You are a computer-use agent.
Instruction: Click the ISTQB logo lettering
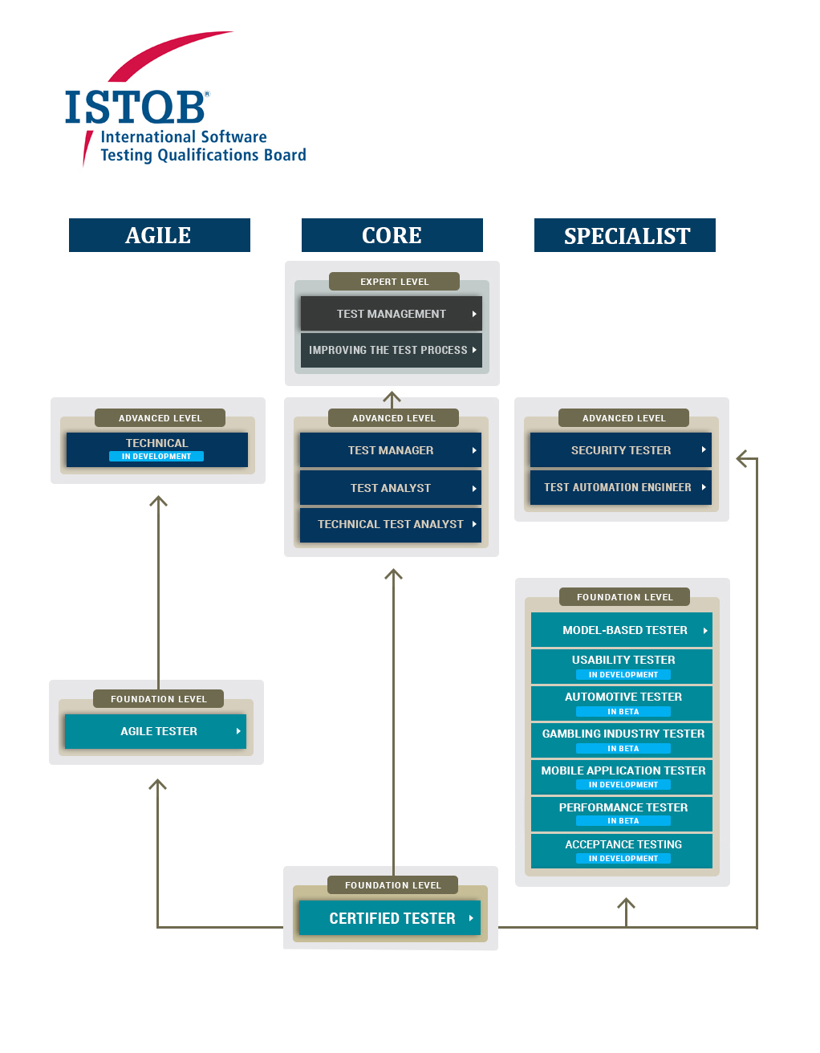tap(135, 107)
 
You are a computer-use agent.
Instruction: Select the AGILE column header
tap(159, 235)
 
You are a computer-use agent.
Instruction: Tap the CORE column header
tap(392, 235)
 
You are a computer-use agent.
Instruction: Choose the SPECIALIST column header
tap(625, 235)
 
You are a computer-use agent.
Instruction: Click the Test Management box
tap(391, 314)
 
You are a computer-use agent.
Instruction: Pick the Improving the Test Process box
tap(391, 350)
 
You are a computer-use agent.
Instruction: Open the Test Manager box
tap(390, 450)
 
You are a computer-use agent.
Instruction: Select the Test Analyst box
tap(390, 488)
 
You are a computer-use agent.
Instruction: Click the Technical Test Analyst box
tap(390, 524)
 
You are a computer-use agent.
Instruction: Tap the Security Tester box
tap(620, 450)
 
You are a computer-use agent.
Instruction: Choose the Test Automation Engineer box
tap(620, 487)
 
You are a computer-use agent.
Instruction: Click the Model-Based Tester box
tap(621, 630)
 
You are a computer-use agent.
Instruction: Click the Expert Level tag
tap(394, 282)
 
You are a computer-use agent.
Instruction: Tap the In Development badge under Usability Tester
tap(623, 675)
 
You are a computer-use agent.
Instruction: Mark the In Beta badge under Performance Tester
tap(623, 821)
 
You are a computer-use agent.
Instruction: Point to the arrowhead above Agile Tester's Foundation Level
tap(159, 502)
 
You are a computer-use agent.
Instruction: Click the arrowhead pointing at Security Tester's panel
tap(743, 459)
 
